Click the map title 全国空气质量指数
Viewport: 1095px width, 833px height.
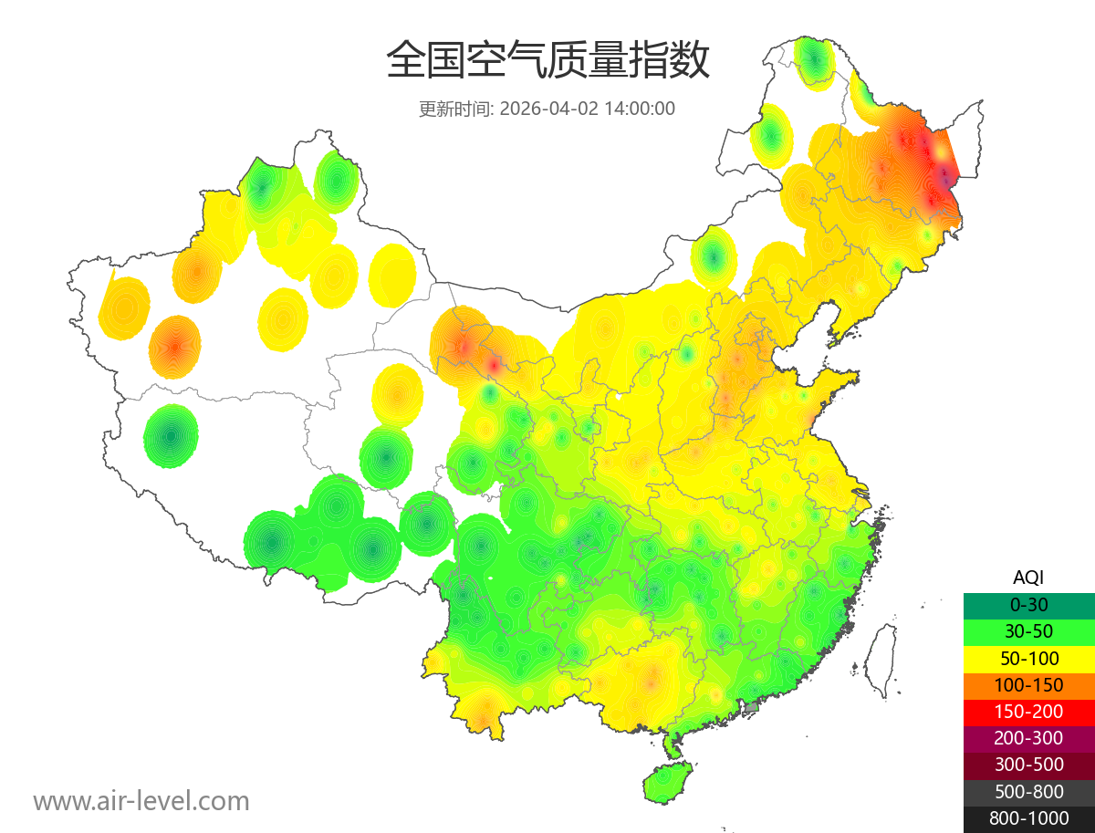click(547, 61)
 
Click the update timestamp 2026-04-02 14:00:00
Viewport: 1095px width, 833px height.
click(588, 109)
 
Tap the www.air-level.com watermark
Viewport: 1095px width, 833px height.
click(141, 801)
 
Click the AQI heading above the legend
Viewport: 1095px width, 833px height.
click(1028, 577)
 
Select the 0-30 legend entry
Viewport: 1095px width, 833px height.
click(1028, 604)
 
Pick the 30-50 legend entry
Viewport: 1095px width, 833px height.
click(1028, 631)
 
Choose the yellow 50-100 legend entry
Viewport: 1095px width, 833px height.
click(1028, 658)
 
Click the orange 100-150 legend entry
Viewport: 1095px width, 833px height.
click(1028, 685)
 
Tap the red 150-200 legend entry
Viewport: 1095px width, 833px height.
click(1028, 712)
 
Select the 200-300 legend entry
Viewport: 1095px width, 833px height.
click(1028, 738)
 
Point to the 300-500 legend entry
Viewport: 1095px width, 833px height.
click(1028, 765)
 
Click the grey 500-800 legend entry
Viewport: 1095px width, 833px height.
click(1028, 792)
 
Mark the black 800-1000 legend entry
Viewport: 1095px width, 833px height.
click(1028, 818)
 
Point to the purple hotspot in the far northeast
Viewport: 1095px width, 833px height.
click(944, 173)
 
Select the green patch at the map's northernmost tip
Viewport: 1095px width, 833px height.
click(814, 60)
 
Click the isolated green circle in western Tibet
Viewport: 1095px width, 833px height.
click(171, 436)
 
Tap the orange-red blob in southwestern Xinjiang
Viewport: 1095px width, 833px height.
click(174, 347)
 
